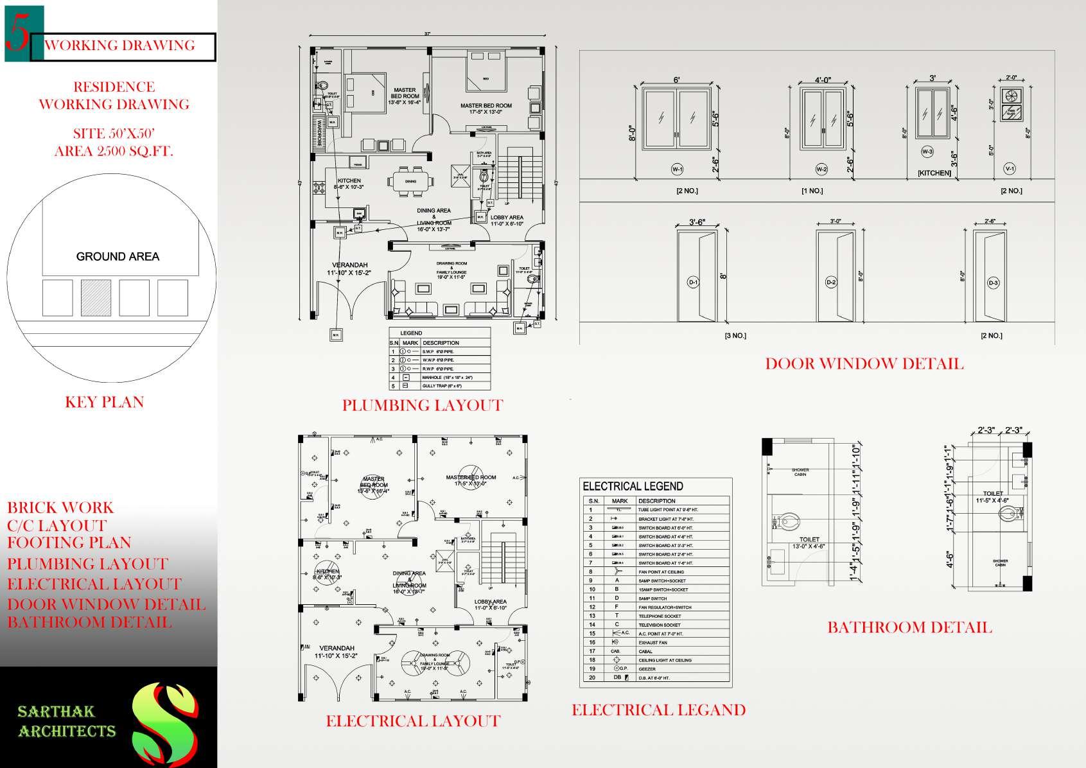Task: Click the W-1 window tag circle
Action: [x=677, y=169]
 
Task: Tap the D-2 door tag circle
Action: [x=831, y=282]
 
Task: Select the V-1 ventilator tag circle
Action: [x=1009, y=169]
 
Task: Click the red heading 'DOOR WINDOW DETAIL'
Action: [x=864, y=364]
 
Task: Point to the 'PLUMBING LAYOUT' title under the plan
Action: [x=422, y=405]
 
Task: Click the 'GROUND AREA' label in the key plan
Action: [x=118, y=257]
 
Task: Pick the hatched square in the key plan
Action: [x=96, y=298]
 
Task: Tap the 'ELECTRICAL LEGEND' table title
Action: [x=633, y=486]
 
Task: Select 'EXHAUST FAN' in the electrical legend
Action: [x=654, y=642]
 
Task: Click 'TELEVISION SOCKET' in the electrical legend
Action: [x=659, y=625]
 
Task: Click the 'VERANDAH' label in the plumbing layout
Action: [x=349, y=265]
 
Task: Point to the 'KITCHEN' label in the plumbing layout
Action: [x=349, y=180]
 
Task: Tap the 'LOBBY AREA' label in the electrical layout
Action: [x=491, y=602]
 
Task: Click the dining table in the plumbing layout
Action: [x=410, y=181]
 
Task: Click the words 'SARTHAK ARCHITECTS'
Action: [x=67, y=721]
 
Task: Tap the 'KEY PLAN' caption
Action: [x=104, y=402]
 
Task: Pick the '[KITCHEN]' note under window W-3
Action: [x=934, y=173]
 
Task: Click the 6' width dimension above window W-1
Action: [x=677, y=80]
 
